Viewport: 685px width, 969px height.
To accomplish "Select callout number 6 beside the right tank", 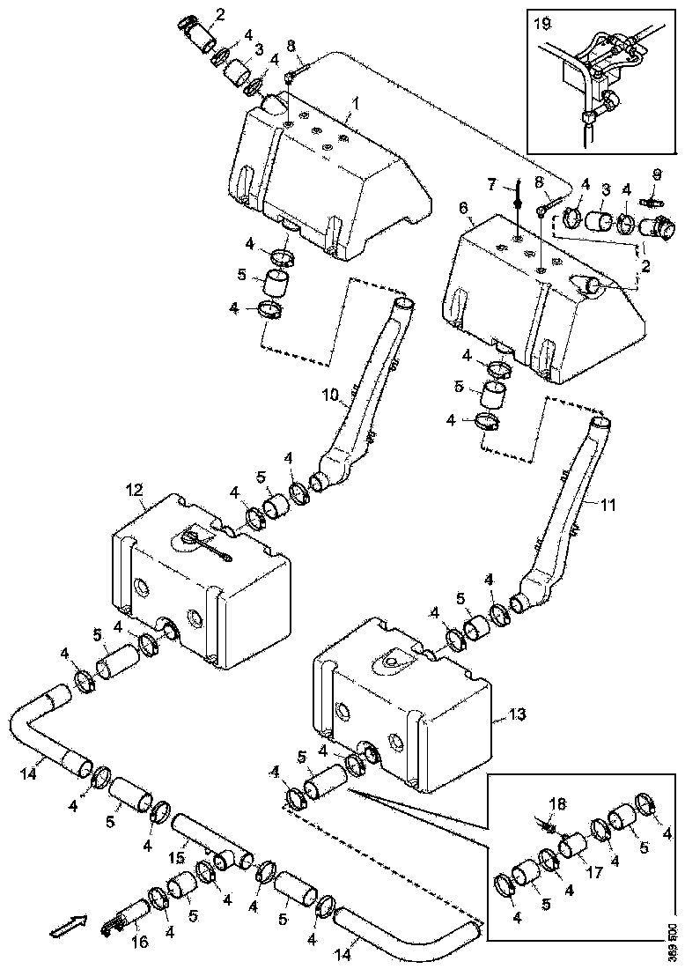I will pos(464,208).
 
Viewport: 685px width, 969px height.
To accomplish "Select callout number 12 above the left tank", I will pos(134,488).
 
